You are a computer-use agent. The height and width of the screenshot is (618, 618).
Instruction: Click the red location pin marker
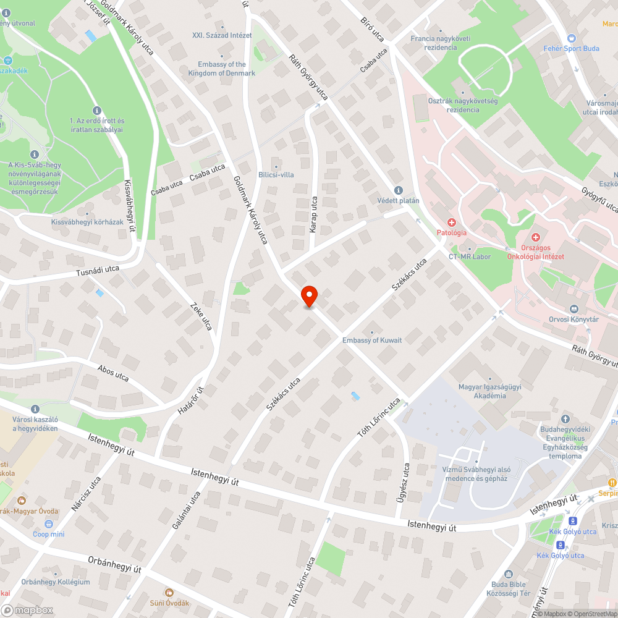309,296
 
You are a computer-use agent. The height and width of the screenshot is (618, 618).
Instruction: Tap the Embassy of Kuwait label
372,340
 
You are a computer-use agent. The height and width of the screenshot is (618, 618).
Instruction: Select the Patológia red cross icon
452,222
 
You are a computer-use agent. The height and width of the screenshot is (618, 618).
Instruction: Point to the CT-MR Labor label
470,256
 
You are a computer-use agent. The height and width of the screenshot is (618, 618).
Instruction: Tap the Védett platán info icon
398,190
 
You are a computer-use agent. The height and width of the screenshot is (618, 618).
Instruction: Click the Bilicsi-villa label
276,175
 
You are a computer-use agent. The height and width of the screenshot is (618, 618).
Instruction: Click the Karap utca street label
314,214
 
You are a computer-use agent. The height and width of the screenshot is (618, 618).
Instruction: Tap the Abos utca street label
113,373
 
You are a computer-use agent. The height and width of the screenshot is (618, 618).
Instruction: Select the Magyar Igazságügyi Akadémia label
490,391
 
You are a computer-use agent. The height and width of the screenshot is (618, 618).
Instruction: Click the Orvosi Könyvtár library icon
574,309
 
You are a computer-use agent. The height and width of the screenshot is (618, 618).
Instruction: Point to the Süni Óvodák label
169,603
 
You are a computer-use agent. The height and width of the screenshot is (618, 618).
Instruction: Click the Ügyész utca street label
406,479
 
